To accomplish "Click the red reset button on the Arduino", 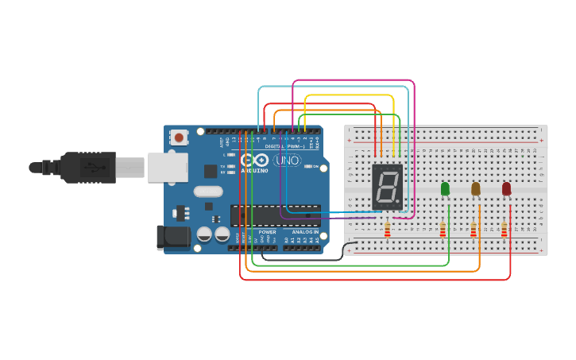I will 179,137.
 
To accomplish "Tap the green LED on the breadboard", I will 445,188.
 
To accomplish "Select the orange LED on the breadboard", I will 476,188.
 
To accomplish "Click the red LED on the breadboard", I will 506,188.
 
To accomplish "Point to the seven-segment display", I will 387,188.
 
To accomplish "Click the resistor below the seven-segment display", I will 387,230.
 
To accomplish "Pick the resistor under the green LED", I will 443,230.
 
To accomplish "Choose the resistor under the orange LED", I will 474,230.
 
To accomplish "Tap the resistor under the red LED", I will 504,230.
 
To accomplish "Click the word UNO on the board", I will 287,161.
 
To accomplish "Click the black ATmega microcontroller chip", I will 275,214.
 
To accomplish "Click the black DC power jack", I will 172,237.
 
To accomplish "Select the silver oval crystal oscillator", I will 208,191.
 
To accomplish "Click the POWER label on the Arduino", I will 267,232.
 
